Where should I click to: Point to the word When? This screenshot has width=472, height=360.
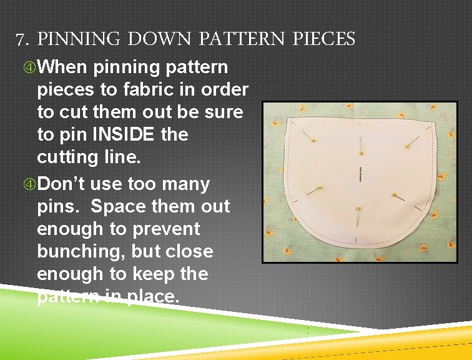pyautogui.click(x=64, y=67)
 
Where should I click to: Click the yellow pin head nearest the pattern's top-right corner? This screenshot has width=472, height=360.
pyautogui.click(x=406, y=146)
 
